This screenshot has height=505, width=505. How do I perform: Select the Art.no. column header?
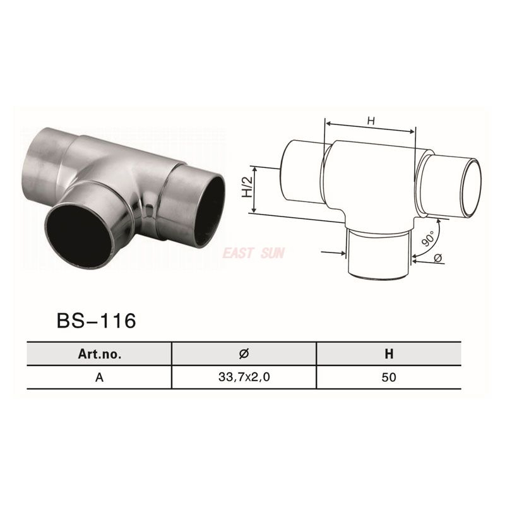click(99, 354)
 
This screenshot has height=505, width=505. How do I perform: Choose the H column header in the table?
click(389, 354)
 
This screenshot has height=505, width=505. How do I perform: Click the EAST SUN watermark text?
click(253, 253)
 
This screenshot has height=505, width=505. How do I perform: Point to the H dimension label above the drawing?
click(371, 121)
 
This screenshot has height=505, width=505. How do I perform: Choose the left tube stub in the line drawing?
click(300, 172)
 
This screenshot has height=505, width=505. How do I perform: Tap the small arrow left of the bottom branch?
click(334, 253)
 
